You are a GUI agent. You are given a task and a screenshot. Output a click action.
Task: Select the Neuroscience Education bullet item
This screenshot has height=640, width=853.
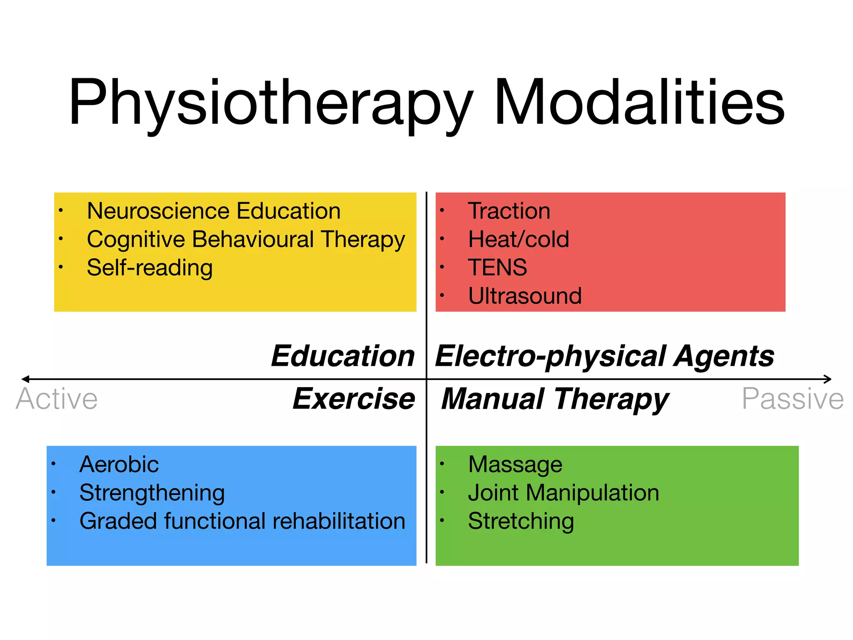(214, 211)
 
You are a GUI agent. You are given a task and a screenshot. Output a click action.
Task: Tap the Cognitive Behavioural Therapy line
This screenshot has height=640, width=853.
(246, 240)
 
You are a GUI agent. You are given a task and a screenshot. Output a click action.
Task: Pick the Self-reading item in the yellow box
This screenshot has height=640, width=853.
(150, 267)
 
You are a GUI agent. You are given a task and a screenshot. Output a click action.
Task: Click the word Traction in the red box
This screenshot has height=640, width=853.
(509, 211)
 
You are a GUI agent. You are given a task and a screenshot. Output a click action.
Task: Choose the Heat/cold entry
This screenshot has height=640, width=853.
(519, 239)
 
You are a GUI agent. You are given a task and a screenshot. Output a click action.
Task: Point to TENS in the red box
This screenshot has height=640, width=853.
(497, 267)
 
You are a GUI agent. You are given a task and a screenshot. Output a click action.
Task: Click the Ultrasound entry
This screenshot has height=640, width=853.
(525, 296)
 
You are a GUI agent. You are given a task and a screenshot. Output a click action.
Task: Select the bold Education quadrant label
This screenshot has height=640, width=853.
(343, 356)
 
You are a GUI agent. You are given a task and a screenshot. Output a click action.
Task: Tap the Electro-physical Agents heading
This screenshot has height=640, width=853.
(604, 357)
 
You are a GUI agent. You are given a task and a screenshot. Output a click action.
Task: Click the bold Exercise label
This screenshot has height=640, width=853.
(354, 399)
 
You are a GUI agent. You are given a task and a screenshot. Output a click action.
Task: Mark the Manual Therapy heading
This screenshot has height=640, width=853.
(555, 399)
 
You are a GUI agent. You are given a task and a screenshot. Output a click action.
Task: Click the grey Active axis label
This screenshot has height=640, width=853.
(57, 399)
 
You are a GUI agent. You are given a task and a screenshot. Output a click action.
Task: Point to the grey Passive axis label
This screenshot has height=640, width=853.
(793, 399)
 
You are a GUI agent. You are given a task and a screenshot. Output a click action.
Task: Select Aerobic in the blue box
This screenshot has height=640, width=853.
(119, 464)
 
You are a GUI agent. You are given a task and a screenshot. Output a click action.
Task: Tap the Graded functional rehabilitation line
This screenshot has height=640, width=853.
(242, 521)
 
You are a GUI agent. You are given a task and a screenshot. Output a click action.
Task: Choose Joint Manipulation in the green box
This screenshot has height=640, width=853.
(564, 492)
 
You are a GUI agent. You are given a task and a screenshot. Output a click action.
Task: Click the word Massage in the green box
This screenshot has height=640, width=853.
(515, 464)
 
